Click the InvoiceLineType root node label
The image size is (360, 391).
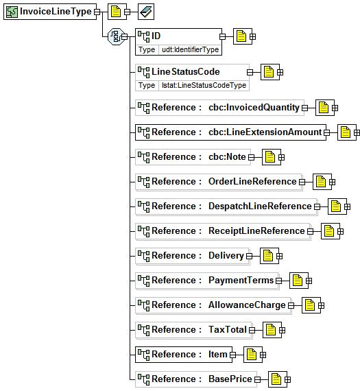coord(56,12)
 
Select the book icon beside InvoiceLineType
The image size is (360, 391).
coord(146,12)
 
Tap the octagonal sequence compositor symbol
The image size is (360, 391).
coord(116,36)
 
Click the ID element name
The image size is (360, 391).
coord(156,36)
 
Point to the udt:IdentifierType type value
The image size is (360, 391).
coord(190,49)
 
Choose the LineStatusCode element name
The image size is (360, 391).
coord(186,72)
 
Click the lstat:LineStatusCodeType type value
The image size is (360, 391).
coord(204,85)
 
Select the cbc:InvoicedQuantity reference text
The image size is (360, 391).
coord(254,108)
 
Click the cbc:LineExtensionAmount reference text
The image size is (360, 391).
coord(265,132)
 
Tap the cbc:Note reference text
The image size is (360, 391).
coord(227,157)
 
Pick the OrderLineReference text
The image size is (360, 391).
coord(252,182)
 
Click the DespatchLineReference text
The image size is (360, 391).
coord(260,206)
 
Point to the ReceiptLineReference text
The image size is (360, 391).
coord(256,231)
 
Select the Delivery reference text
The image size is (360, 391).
coord(226,256)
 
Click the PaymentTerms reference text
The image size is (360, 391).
coord(241,281)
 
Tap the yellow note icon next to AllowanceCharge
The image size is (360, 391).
coord(310,305)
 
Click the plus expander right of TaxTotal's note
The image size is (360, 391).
coord(282,330)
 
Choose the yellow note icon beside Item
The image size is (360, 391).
coord(251,355)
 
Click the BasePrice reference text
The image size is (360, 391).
coord(230,379)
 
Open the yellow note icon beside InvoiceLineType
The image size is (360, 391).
coord(116,12)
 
